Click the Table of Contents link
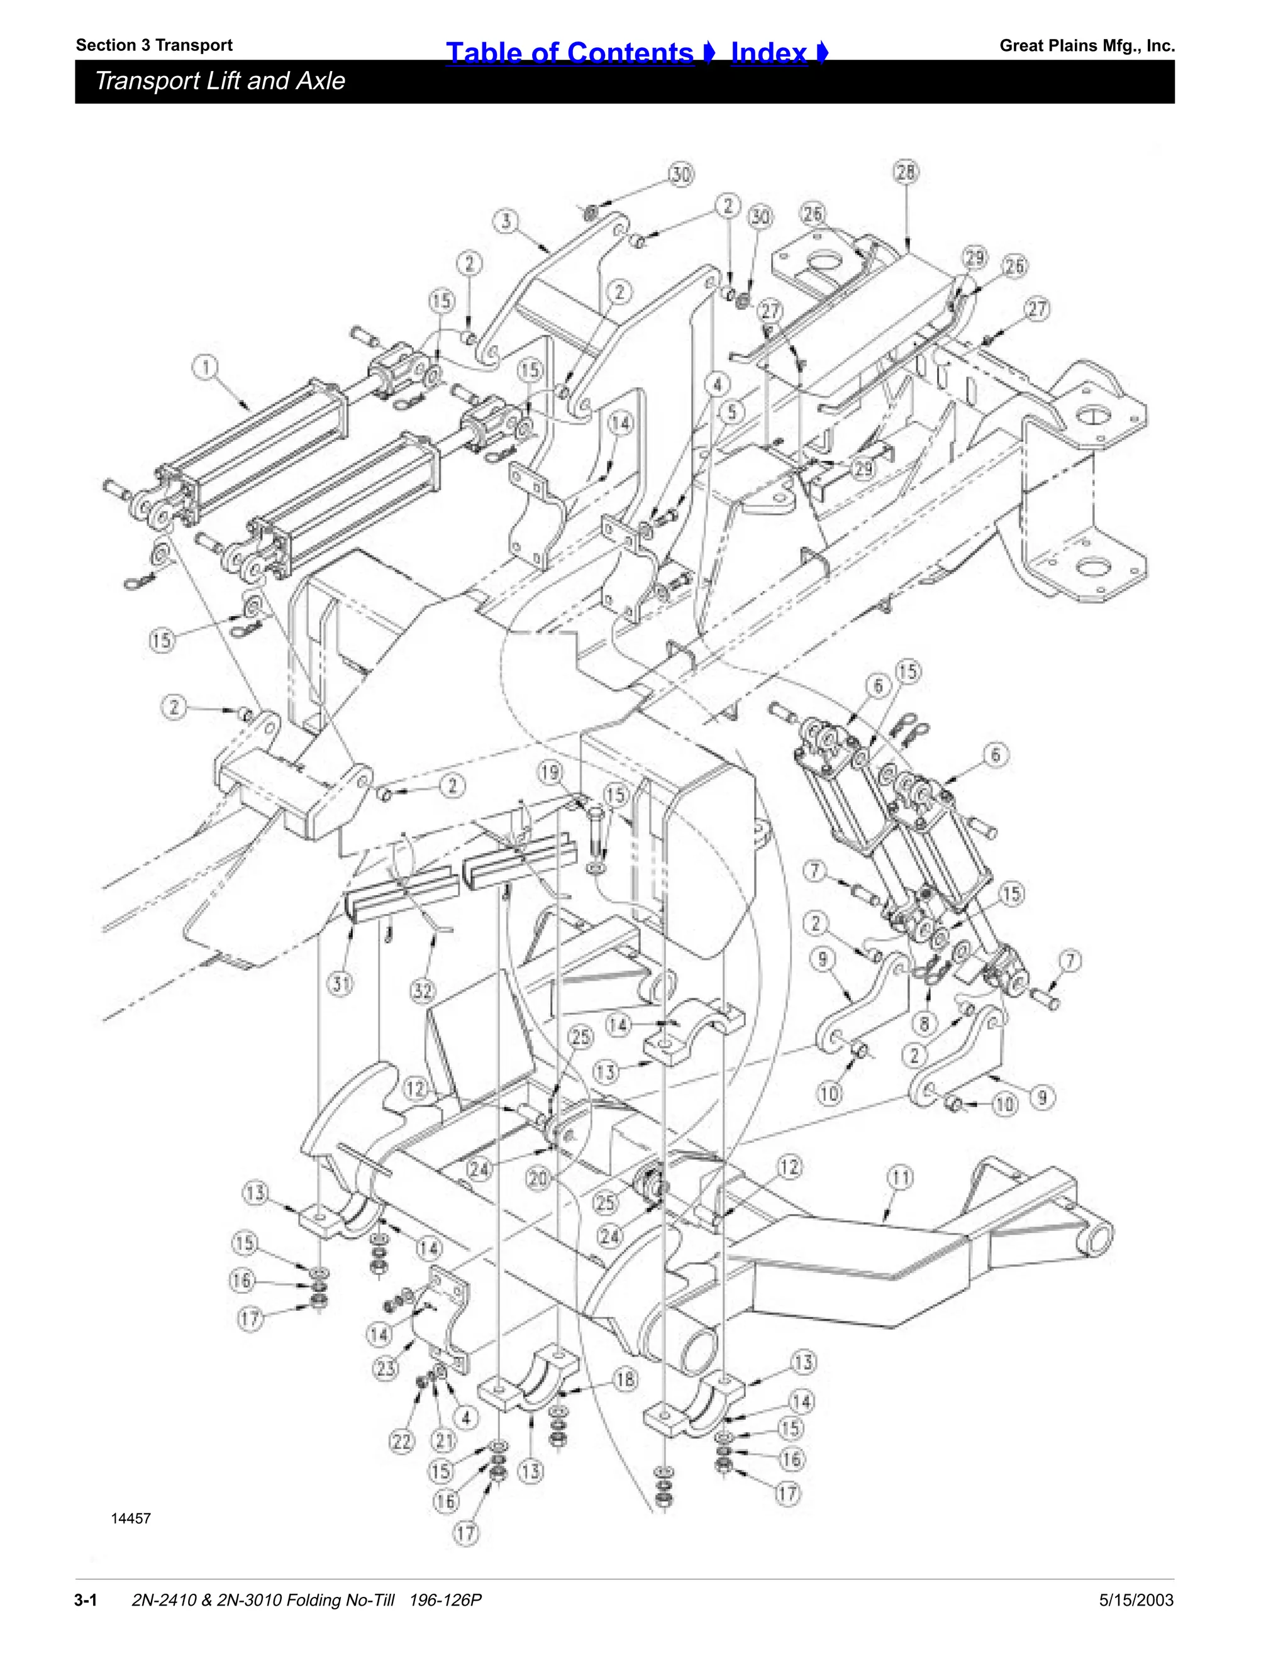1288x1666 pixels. (x=570, y=53)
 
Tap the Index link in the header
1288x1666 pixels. (x=769, y=53)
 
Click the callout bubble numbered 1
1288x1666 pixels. (x=205, y=368)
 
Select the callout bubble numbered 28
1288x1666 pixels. (x=905, y=172)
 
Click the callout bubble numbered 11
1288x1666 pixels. (x=901, y=1178)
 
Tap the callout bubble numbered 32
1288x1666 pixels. (x=422, y=991)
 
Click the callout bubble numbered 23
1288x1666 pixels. (x=386, y=1368)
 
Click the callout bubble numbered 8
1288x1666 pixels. (x=924, y=1022)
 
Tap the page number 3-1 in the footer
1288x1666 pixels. (x=85, y=1599)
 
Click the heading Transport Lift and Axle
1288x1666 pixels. (x=219, y=81)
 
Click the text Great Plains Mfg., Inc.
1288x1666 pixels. (x=1087, y=46)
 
